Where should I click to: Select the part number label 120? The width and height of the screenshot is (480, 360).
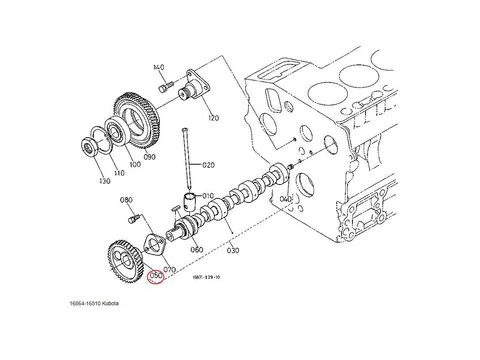[212, 118]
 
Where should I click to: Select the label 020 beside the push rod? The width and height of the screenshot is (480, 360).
[208, 164]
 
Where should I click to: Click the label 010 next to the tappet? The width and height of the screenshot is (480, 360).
[209, 196]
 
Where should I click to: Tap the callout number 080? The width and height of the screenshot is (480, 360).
[127, 201]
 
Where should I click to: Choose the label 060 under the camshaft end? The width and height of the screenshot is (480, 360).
[197, 249]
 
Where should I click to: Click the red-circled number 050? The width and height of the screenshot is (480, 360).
[155, 278]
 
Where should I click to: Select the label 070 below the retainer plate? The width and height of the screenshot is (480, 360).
[169, 270]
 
